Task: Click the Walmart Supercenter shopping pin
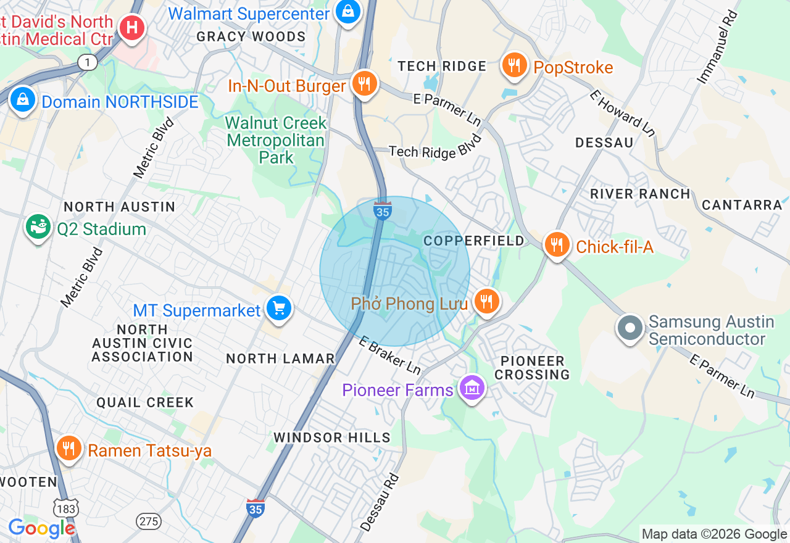[348, 12]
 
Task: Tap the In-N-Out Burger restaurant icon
[365, 84]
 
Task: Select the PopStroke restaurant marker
[513, 65]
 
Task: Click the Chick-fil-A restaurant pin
[557, 246]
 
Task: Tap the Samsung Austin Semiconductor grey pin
[630, 328]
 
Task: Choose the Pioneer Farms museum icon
[472, 389]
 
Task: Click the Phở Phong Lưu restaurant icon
[487, 302]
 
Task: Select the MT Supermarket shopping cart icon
[278, 309]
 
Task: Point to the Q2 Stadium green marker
[38, 228]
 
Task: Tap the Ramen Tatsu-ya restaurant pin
[69, 449]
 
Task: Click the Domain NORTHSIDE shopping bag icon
[23, 100]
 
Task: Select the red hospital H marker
[131, 28]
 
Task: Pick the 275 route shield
[149, 521]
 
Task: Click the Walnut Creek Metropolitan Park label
[275, 140]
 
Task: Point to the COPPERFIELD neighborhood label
[474, 241]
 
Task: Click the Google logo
[41, 529]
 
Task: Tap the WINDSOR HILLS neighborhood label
[332, 437]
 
